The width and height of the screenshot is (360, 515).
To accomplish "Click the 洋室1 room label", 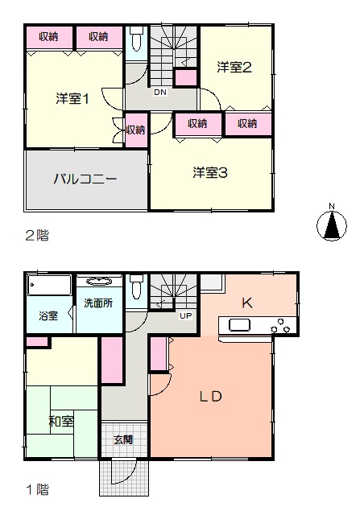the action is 72,98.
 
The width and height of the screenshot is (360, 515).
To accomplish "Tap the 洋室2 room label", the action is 234,68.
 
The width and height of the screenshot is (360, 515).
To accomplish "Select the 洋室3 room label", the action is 210,173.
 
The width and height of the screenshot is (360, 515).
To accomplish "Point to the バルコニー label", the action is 85,179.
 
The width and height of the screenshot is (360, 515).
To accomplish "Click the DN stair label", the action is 160,93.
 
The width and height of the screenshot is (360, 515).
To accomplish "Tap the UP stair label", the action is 185,316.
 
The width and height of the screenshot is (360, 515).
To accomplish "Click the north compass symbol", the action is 332,224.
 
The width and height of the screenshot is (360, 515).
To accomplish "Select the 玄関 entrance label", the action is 123,439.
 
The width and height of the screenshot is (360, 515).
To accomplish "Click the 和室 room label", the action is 61,421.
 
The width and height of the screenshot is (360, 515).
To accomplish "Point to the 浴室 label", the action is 48,316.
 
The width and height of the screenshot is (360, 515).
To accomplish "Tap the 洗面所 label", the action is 98,303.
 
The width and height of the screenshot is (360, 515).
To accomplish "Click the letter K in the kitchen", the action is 247,303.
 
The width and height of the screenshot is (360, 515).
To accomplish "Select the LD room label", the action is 211,397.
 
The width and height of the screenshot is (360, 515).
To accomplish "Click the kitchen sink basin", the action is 239,325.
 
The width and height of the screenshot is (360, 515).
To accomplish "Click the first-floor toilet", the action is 136,287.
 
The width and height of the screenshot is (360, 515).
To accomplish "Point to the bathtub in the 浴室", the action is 49,285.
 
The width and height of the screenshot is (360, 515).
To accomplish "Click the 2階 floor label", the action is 37,236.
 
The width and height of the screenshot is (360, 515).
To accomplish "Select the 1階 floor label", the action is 38,490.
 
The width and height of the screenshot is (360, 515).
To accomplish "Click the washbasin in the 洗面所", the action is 99,282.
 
